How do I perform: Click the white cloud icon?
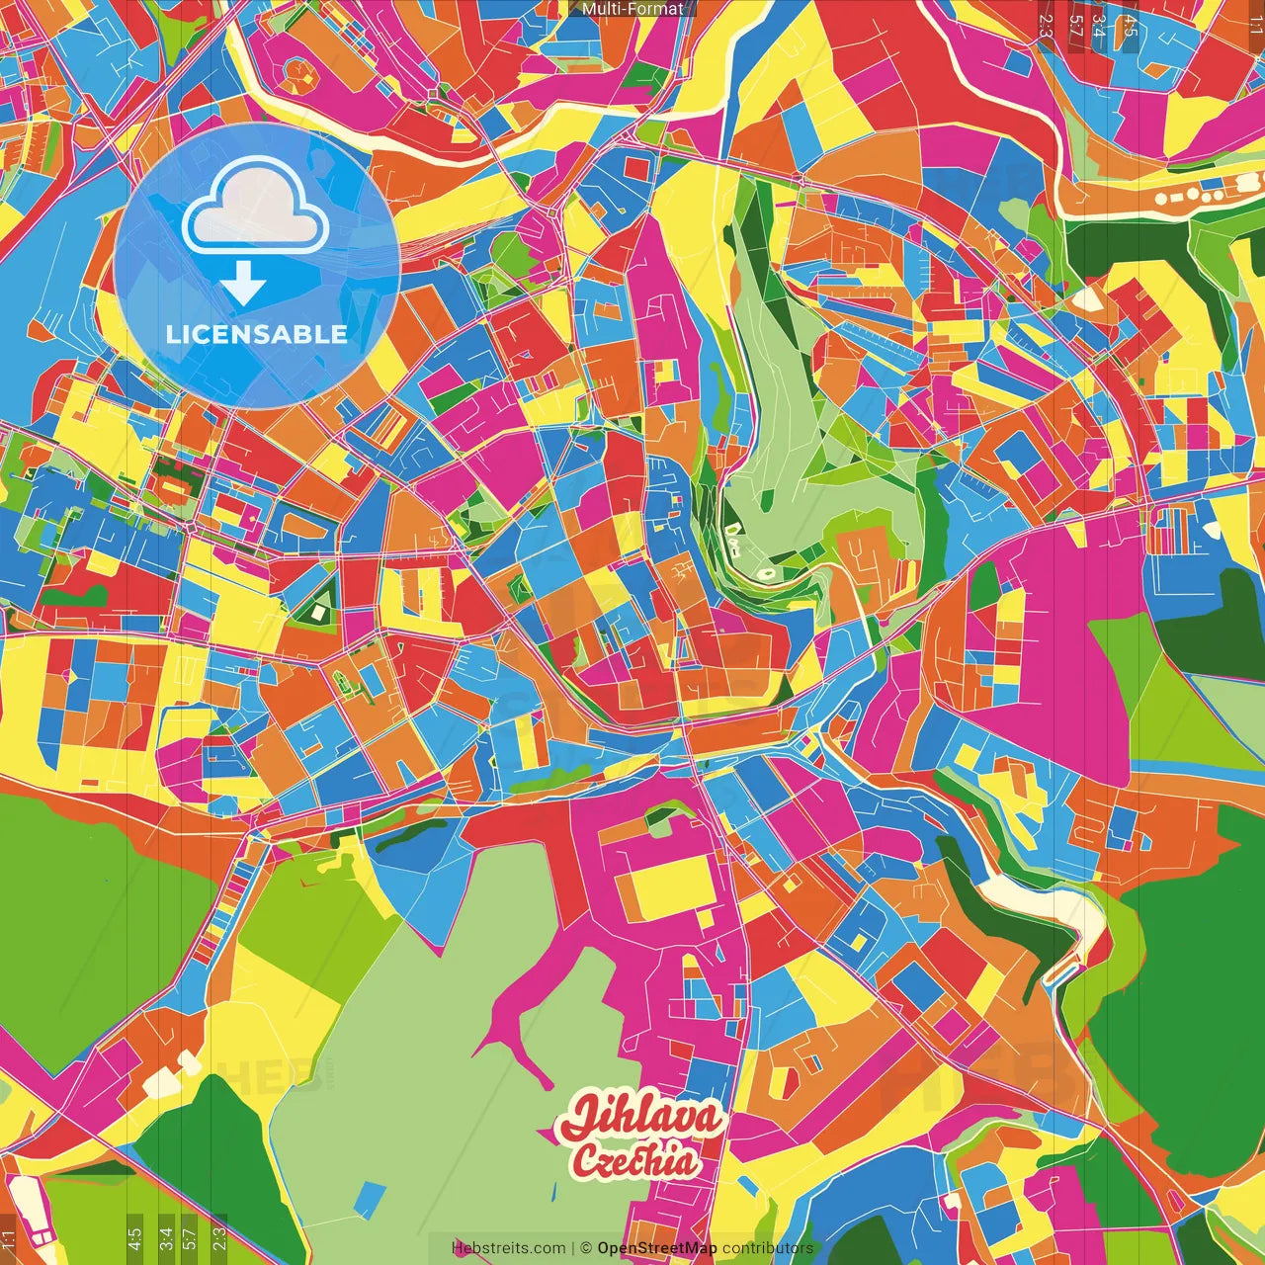click(x=256, y=211)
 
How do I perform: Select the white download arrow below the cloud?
click(x=243, y=284)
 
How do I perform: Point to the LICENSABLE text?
click(x=257, y=334)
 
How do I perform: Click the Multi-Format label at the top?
click(x=632, y=9)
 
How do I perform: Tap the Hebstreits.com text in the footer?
click(x=508, y=1248)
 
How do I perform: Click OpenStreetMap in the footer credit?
click(x=657, y=1248)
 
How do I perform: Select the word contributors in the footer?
click(x=768, y=1248)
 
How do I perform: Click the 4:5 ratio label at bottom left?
click(x=134, y=1236)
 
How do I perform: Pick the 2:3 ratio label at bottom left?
click(x=219, y=1236)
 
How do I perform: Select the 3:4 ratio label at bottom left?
click(x=166, y=1236)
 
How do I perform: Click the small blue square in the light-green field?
click(x=368, y=1197)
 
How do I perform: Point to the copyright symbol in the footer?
click(x=586, y=1248)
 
